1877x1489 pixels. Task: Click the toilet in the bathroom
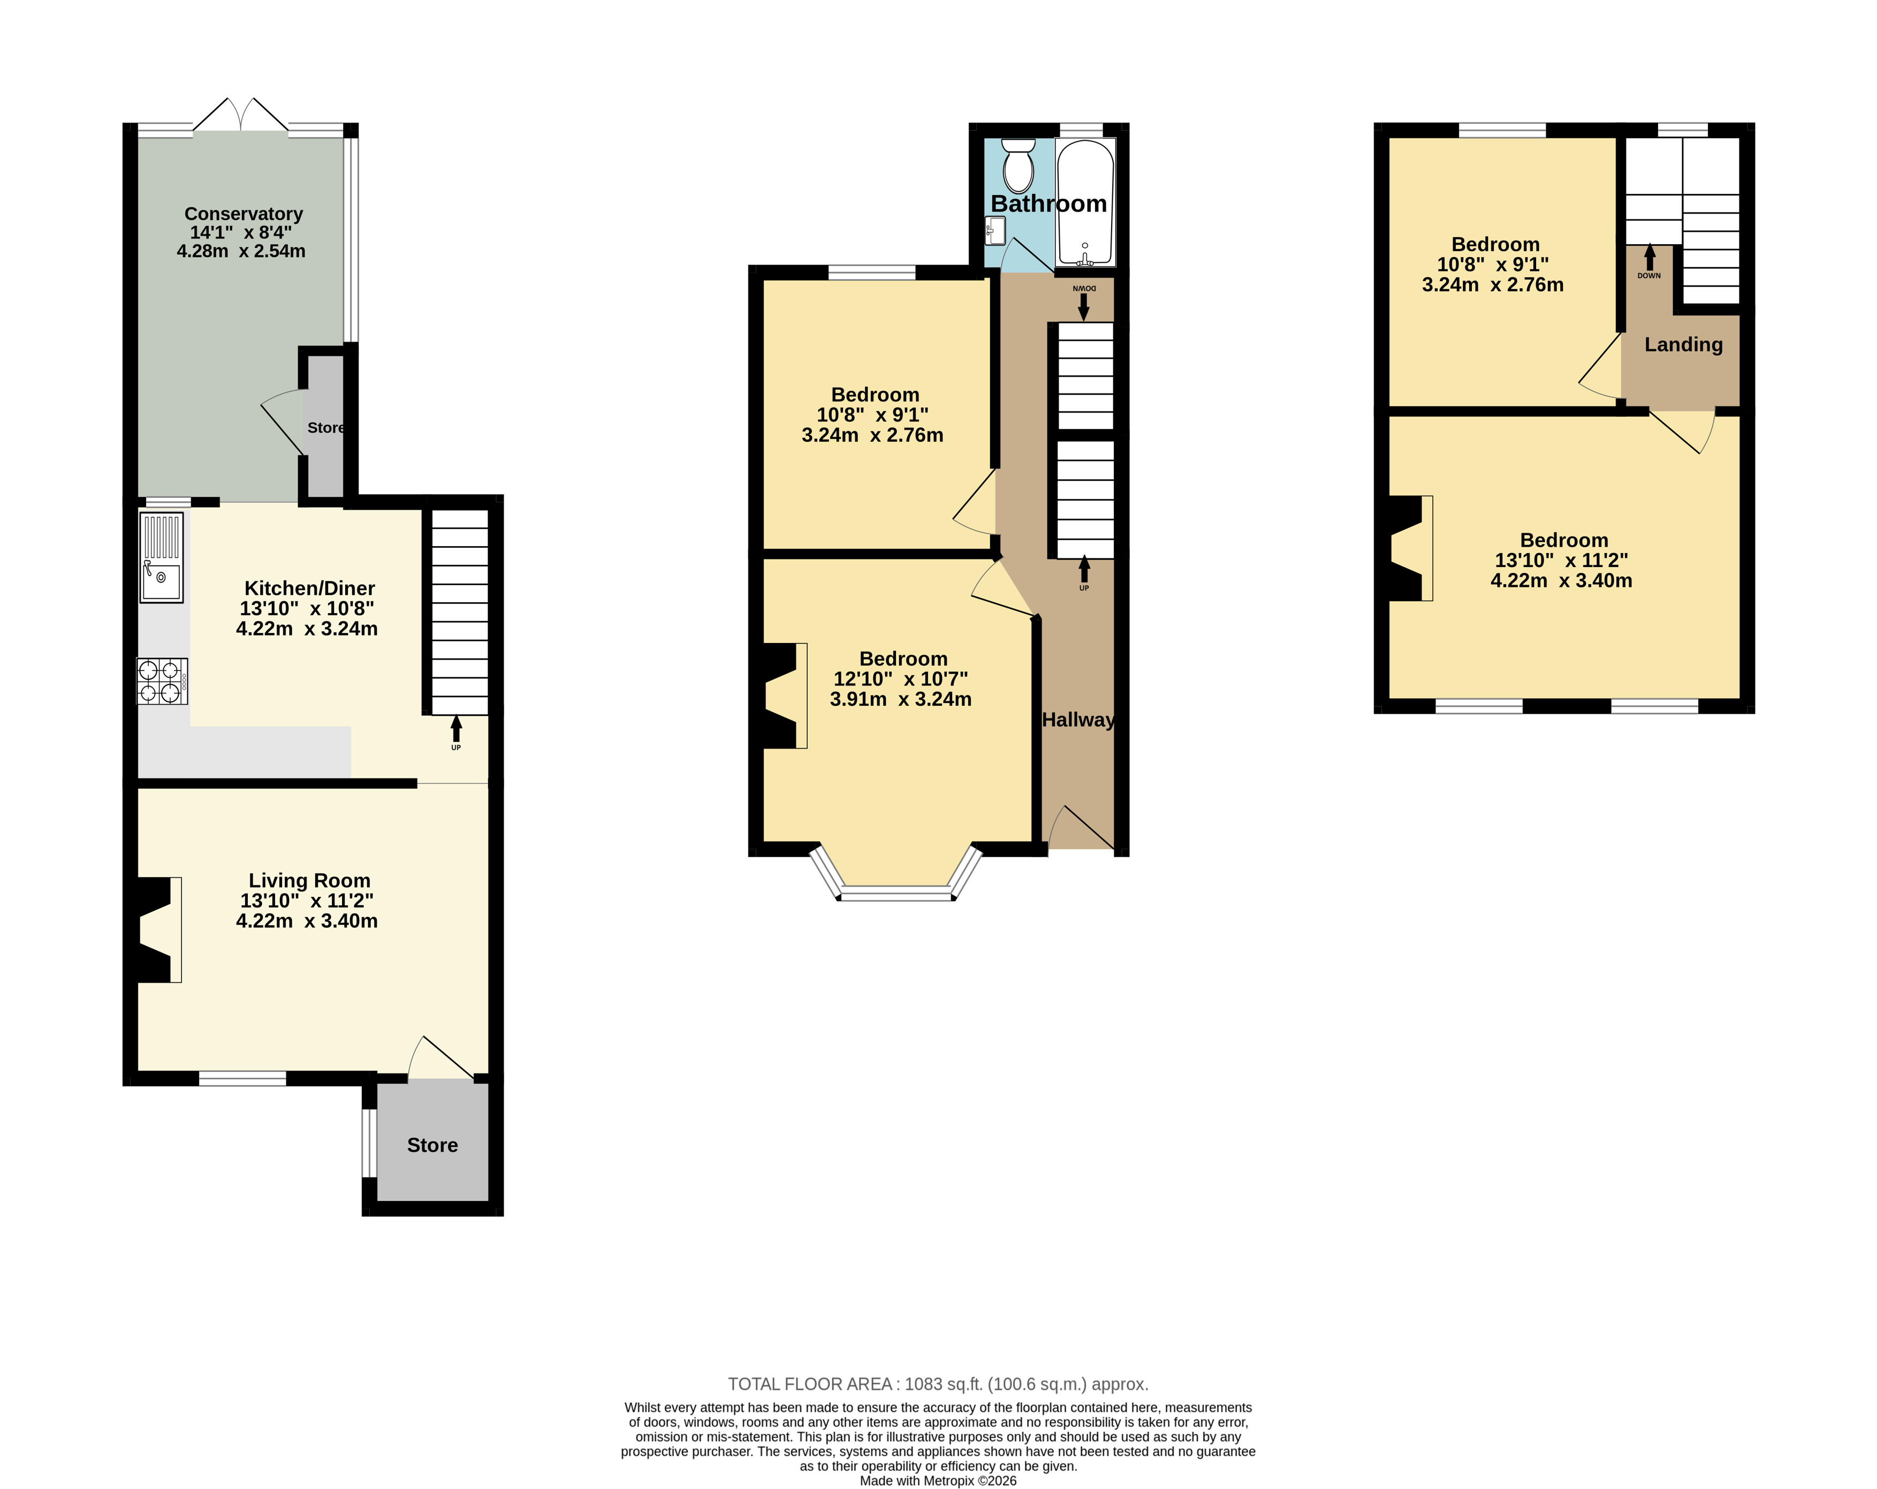tap(1018, 165)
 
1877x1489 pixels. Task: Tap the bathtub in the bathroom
tap(1085, 202)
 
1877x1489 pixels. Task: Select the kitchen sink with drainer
tap(161, 557)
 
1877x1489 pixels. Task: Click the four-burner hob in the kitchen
tap(162, 681)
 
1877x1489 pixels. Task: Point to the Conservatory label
tap(244, 213)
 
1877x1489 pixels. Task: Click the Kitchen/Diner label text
tap(310, 588)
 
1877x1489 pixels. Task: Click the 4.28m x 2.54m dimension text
tap(241, 251)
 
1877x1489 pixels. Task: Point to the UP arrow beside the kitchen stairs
tap(456, 728)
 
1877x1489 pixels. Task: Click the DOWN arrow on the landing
tap(1649, 257)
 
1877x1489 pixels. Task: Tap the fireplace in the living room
tap(157, 930)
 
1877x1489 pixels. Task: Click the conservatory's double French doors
tap(240, 115)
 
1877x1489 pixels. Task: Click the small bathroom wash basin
tap(995, 231)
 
